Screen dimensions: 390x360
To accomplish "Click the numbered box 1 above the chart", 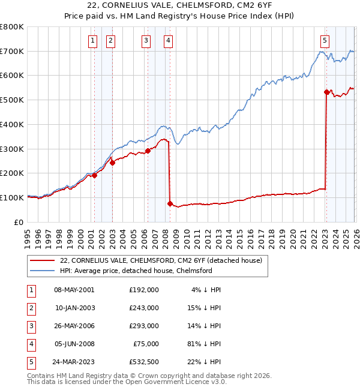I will point(94,41).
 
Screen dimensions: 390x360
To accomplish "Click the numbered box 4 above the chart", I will point(168,41).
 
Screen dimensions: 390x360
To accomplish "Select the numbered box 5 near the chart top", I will point(325,41).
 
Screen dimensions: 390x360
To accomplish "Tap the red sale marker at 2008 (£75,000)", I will point(170,203).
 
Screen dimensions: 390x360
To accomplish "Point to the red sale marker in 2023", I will point(326,92).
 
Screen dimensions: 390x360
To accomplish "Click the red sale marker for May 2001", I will point(94,175).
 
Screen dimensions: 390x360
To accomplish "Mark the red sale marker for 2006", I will point(148,151).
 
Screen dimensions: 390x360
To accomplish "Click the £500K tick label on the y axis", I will point(12,100).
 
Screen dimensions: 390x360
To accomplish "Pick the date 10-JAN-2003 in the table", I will point(74,307).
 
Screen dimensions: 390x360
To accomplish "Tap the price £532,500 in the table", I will point(144,361).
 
